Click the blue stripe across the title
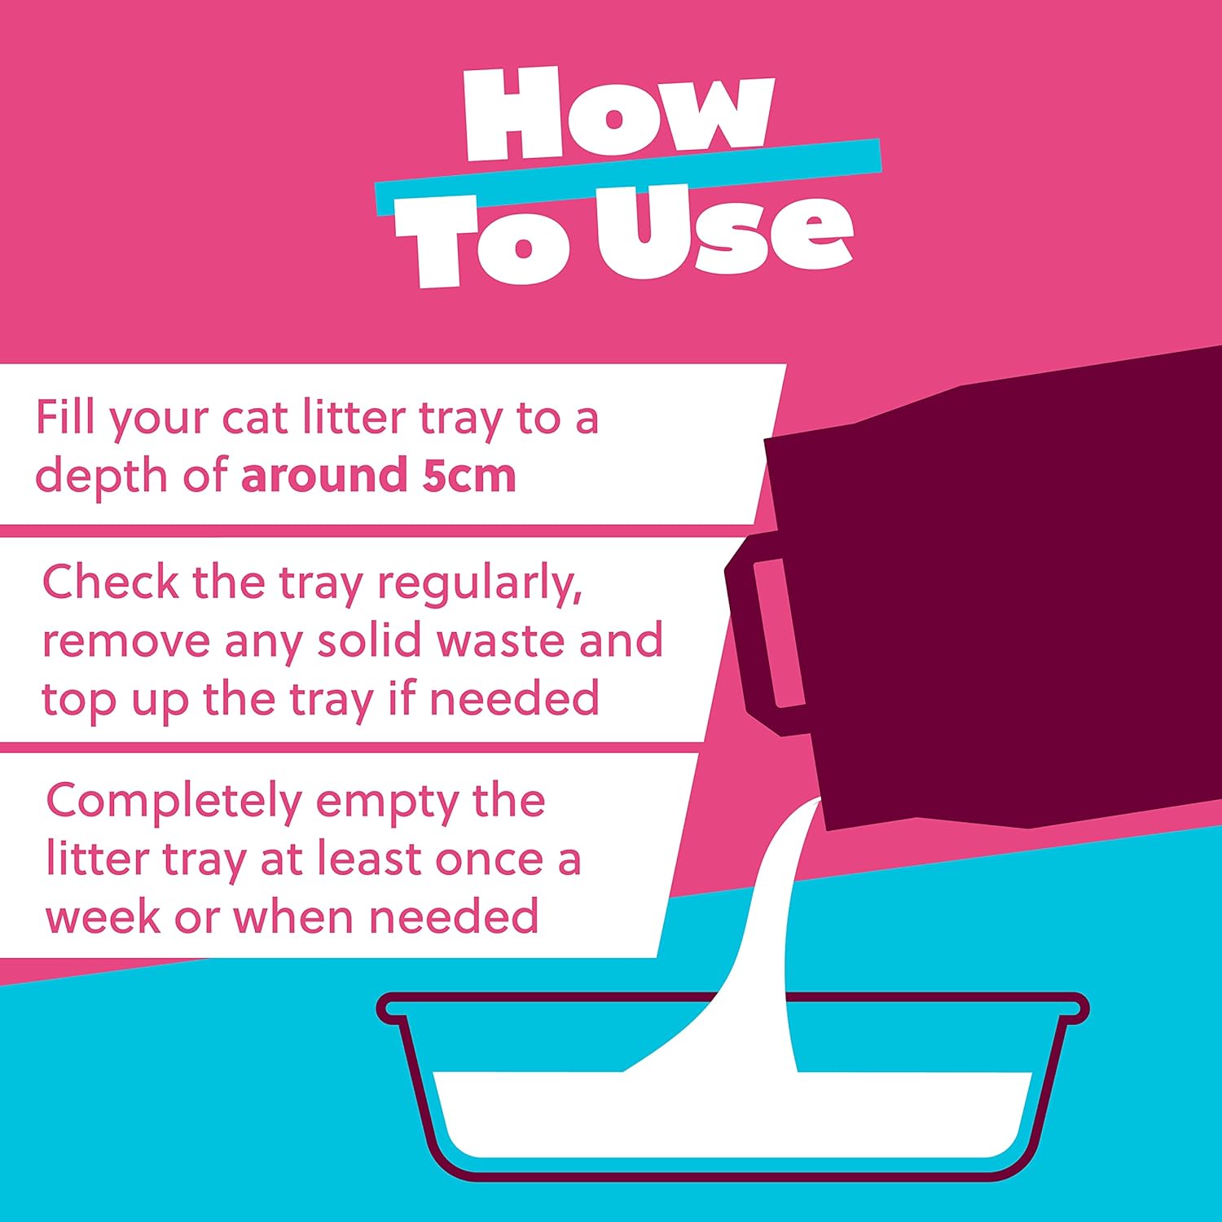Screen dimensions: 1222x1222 [627, 177]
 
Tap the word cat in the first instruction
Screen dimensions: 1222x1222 [255, 419]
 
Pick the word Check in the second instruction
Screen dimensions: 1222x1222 [111, 582]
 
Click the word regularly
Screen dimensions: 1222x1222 [479, 585]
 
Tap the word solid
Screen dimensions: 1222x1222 [371, 640]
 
